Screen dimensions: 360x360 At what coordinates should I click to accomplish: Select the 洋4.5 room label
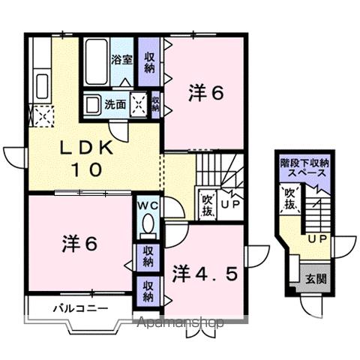tap(205, 272)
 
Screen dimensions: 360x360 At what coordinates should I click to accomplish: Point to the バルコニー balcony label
tap(79, 308)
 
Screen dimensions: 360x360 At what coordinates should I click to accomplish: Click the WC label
tap(148, 204)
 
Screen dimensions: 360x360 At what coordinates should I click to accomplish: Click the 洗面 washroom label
tap(115, 103)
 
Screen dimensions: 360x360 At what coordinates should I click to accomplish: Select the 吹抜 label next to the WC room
tap(208, 204)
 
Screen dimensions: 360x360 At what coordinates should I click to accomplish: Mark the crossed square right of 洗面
tap(139, 103)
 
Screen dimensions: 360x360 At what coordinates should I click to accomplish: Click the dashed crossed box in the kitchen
tap(39, 115)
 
